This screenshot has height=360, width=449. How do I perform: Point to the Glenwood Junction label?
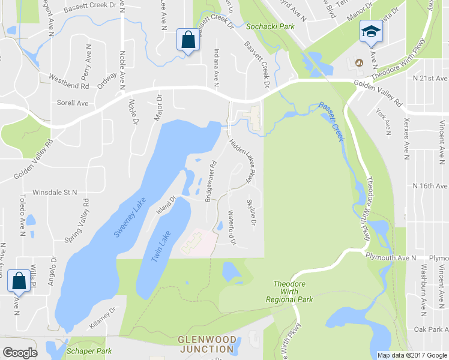point(206,344)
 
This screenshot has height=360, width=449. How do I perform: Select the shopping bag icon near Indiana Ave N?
point(188,40)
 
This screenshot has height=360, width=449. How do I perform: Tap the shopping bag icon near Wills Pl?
point(18,280)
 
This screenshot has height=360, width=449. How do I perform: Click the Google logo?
point(20,352)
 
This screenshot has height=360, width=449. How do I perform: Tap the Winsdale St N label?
point(55,193)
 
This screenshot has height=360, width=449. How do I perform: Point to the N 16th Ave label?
point(426,187)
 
